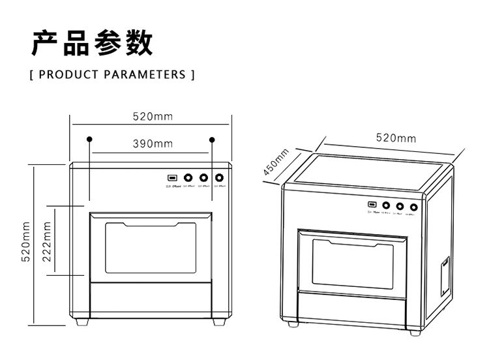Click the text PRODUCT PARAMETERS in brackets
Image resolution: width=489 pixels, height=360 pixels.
pos(112,74)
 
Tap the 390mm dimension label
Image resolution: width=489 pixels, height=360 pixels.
pos(153,143)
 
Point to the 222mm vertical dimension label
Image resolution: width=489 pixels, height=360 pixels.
pos(47,242)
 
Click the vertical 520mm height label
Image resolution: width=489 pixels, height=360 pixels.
pos(27,242)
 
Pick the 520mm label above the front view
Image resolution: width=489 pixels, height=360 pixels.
pos(152,117)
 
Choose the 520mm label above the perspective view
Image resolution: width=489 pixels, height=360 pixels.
pos(396,138)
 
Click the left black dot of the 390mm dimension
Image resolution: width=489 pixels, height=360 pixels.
pos(90,139)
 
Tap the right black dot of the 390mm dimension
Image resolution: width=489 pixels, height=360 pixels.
pos(213,139)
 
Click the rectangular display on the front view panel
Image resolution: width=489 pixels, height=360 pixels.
pos(172,177)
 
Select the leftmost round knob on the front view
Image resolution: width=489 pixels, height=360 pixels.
pos(188,177)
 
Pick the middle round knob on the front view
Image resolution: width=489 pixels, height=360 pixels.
pos(203,177)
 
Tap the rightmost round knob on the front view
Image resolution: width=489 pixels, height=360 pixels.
pos(220,177)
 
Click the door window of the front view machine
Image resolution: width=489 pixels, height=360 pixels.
pos(150,248)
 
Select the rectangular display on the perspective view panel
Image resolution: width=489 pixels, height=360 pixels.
pos(370,205)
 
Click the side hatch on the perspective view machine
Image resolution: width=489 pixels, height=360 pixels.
pos(444,273)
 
